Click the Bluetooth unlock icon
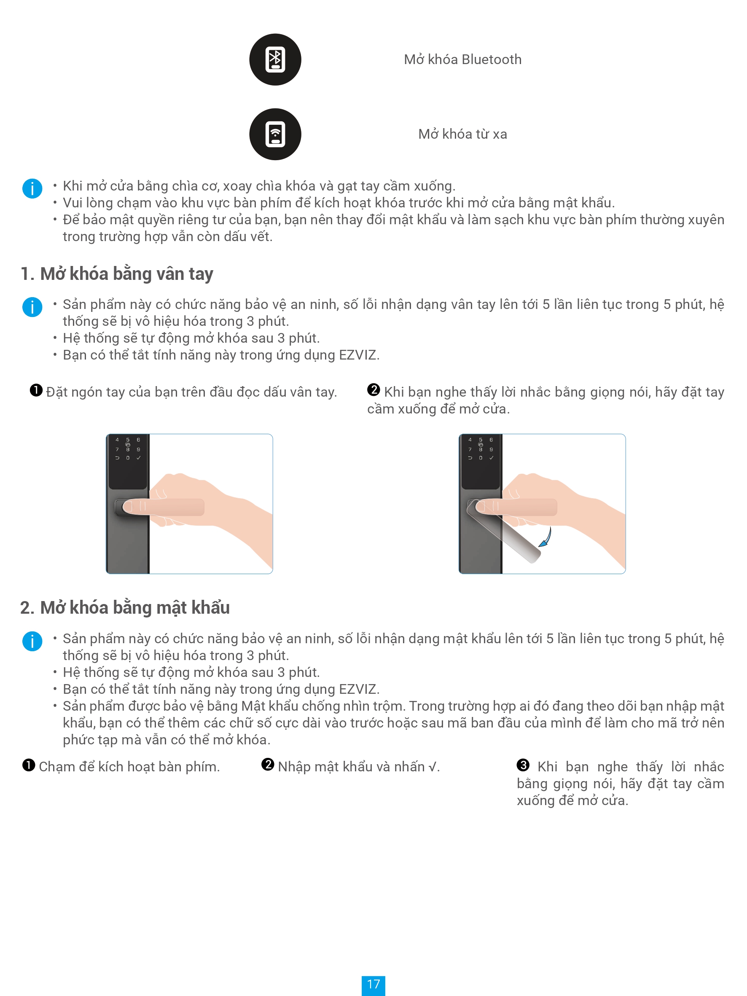pyautogui.click(x=275, y=59)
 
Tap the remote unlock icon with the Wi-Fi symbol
pyautogui.click(x=275, y=134)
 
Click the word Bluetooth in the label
pyautogui.click(x=492, y=59)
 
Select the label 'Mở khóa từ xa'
pyautogui.click(x=462, y=134)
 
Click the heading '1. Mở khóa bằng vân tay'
pyautogui.click(x=117, y=274)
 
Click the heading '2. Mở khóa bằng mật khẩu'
pyautogui.click(x=125, y=607)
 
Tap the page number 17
pyautogui.click(x=373, y=984)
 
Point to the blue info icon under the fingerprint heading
pyautogui.click(x=32, y=307)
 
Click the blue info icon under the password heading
pyautogui.click(x=32, y=641)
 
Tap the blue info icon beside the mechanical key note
pyautogui.click(x=32, y=188)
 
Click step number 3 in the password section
pyautogui.click(x=523, y=765)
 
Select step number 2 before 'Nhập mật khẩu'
pyautogui.click(x=268, y=765)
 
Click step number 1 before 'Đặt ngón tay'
pyautogui.click(x=36, y=390)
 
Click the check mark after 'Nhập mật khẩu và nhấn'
pyautogui.click(x=432, y=767)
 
